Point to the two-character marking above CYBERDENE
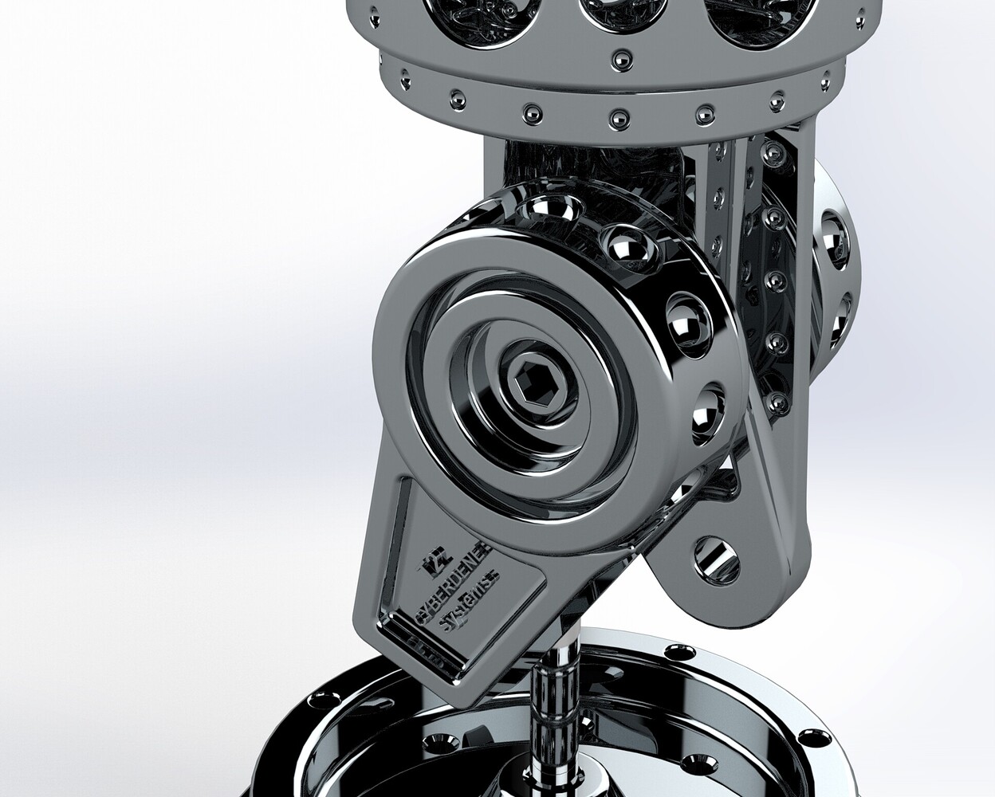point(431,564)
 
